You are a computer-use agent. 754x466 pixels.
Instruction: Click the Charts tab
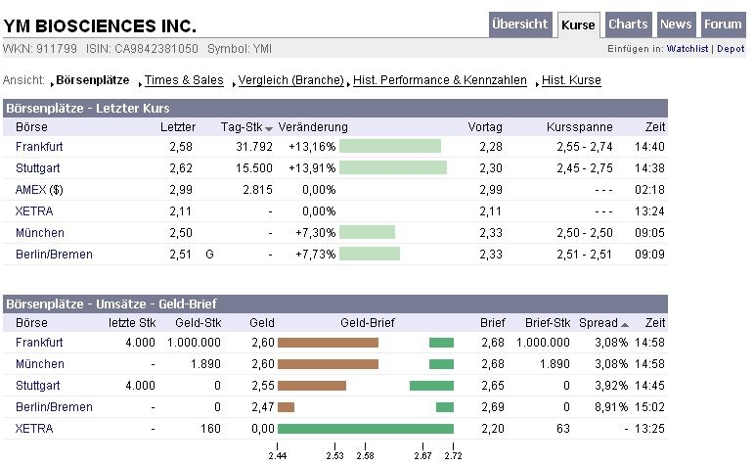click(628, 24)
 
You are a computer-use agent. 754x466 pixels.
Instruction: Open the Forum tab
click(724, 24)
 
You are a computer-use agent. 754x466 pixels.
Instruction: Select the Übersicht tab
click(520, 24)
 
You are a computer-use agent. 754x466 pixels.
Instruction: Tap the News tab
click(676, 24)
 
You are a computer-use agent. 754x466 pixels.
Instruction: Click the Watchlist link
click(688, 48)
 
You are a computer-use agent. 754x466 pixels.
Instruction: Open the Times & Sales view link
click(184, 80)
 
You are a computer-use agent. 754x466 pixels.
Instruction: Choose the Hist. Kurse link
click(571, 80)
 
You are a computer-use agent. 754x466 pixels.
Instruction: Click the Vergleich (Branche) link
click(290, 80)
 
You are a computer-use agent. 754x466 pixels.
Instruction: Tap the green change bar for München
click(367, 233)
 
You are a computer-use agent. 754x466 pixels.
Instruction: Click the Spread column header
click(599, 323)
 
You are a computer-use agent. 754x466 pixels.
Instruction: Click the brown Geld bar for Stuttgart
click(312, 386)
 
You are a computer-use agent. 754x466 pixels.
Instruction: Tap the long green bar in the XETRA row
click(366, 429)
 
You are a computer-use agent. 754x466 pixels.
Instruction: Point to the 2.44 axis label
click(277, 455)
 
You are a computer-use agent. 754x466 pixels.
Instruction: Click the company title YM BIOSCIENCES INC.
click(101, 25)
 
